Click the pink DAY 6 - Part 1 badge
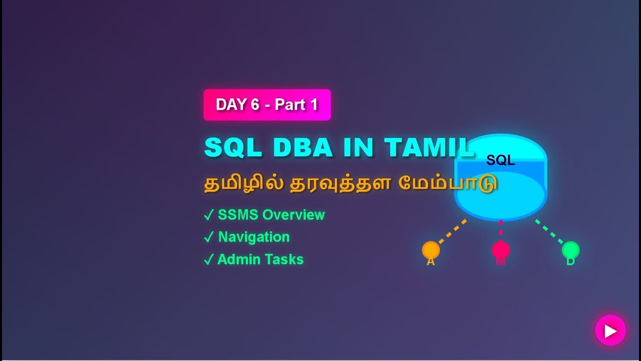click(x=267, y=105)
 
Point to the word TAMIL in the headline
click(x=428, y=147)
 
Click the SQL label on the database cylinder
click(x=500, y=160)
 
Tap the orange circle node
click(x=431, y=250)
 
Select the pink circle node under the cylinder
click(x=500, y=250)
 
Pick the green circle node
click(x=570, y=250)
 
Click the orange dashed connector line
click(x=452, y=232)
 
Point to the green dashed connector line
click(x=549, y=232)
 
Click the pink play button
click(x=610, y=331)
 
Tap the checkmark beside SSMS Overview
click(x=209, y=216)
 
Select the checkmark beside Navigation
click(x=209, y=238)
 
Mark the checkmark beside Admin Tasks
click(x=209, y=260)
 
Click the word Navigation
click(x=254, y=237)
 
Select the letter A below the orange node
click(x=431, y=262)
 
